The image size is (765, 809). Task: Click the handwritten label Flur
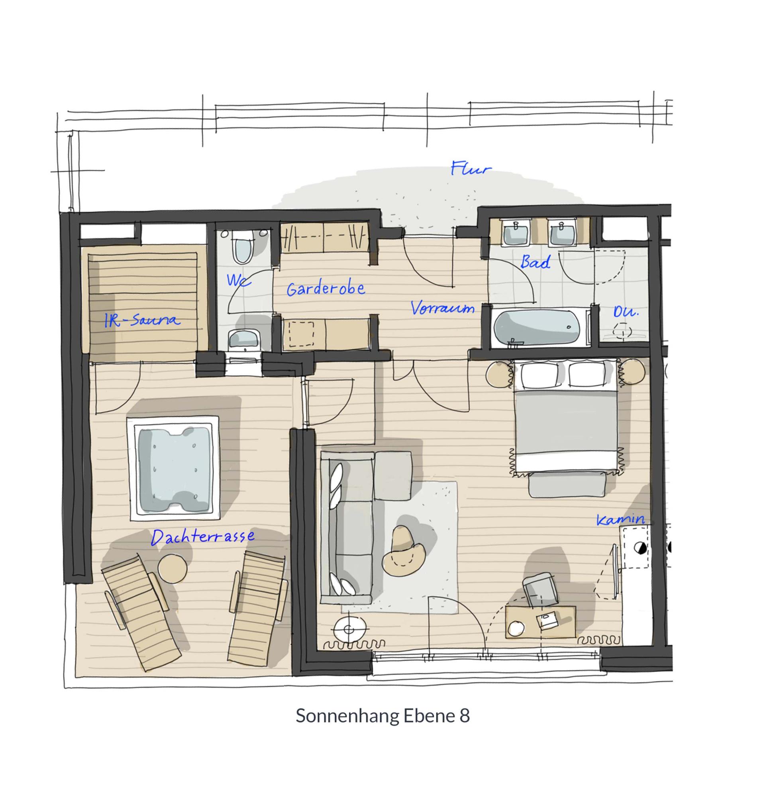pos(471,169)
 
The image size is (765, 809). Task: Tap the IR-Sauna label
pos(141,320)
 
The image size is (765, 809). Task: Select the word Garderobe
pos(326,289)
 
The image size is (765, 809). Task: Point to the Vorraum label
pos(442,308)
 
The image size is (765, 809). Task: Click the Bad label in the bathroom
pos(535,261)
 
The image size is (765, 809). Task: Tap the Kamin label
pos(621,520)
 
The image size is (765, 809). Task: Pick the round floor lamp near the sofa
pos(349,630)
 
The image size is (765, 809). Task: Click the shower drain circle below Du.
pos(622,330)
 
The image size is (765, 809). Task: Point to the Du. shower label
pos(626,312)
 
